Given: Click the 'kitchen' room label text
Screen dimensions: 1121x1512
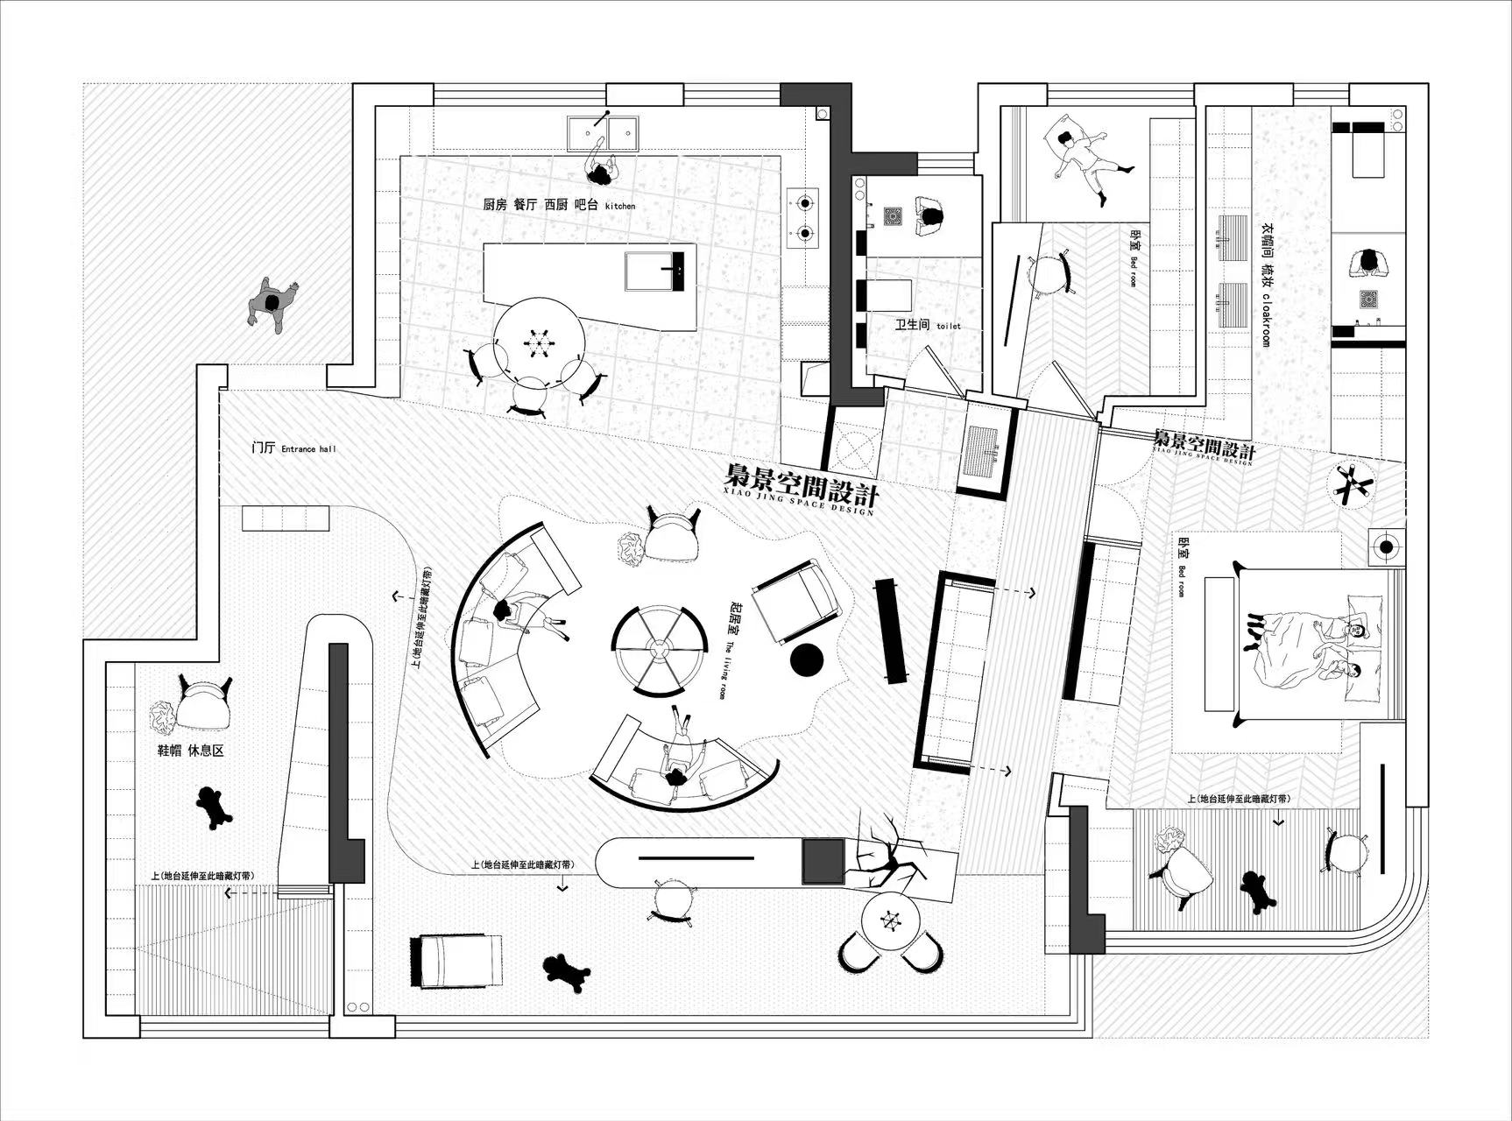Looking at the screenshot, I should click(620, 206).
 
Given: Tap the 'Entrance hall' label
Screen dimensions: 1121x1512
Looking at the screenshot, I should click(308, 449).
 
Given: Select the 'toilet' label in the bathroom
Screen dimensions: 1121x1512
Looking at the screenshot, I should click(948, 326).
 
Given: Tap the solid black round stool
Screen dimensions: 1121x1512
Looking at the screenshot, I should click(807, 660).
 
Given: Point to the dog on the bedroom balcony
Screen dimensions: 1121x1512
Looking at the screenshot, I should click(1259, 891).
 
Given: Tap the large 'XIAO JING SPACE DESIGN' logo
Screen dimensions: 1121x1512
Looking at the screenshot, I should click(801, 487).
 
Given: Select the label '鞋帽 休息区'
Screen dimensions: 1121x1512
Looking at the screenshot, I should click(190, 751).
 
